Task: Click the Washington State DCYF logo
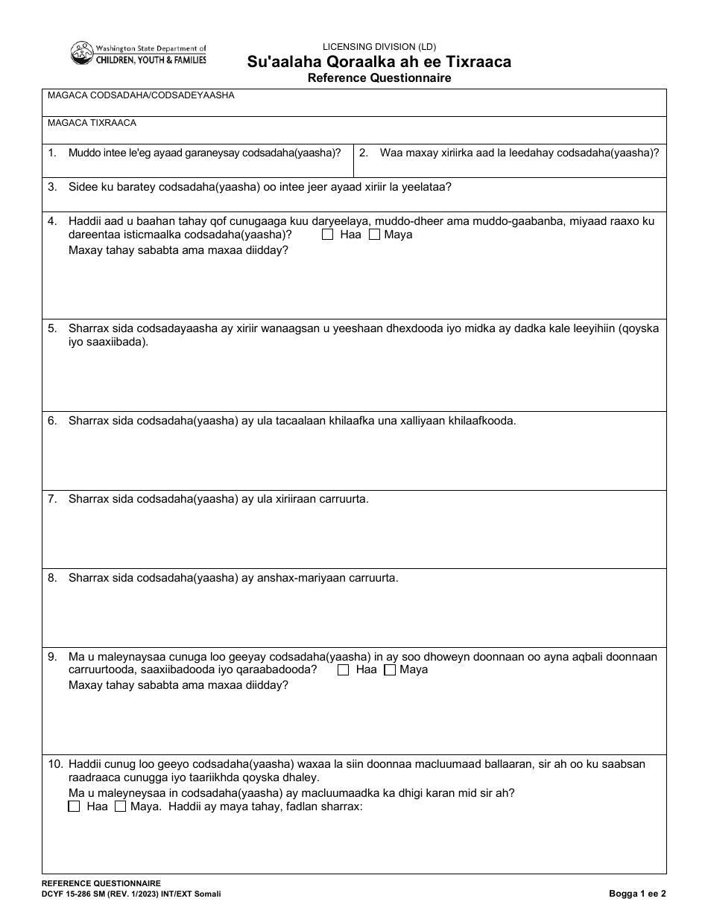pyautogui.click(x=139, y=53)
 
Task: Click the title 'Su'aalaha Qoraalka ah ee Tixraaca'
pyautogui.click(x=379, y=62)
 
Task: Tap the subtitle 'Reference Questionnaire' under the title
pyautogui.click(x=379, y=77)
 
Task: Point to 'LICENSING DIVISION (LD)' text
pyautogui.click(x=379, y=46)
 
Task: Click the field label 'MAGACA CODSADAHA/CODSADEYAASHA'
pyautogui.click(x=141, y=95)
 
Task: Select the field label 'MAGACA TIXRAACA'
pyautogui.click(x=92, y=123)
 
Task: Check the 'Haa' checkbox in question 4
pyautogui.click(x=327, y=235)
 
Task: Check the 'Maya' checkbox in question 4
pyautogui.click(x=374, y=235)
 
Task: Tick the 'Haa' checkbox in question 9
pyautogui.click(x=343, y=670)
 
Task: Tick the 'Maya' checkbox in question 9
pyautogui.click(x=390, y=670)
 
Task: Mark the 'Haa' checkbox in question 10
pyautogui.click(x=74, y=807)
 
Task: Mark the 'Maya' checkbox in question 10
pyautogui.click(x=120, y=807)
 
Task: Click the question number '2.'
pyautogui.click(x=364, y=153)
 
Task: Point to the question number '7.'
pyautogui.click(x=52, y=499)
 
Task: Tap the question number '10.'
pyautogui.click(x=54, y=764)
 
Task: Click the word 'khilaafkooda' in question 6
pyautogui.click(x=481, y=421)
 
